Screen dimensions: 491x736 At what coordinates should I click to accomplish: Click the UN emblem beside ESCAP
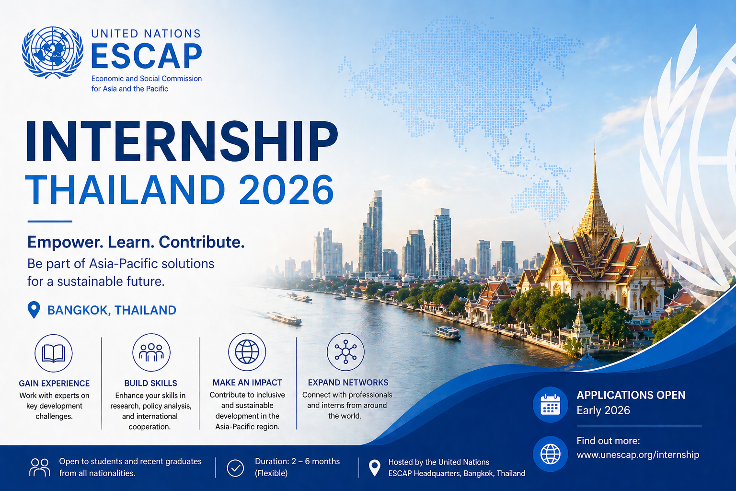pyautogui.click(x=53, y=52)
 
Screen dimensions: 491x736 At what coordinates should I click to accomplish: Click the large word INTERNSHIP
pyautogui.click(x=182, y=142)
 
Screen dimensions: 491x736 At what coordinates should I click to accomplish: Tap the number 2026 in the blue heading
pyautogui.click(x=286, y=190)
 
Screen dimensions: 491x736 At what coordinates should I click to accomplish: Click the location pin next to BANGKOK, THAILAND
pyautogui.click(x=34, y=310)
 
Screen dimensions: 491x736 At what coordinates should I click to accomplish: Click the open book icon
pyautogui.click(x=54, y=353)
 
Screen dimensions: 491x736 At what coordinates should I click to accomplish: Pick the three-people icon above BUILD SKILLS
pyautogui.click(x=151, y=352)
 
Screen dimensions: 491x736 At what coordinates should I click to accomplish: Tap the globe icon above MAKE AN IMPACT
pyautogui.click(x=247, y=352)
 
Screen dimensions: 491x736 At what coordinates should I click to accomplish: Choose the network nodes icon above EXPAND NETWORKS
pyautogui.click(x=345, y=352)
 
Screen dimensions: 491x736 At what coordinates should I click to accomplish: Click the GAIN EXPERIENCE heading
pyautogui.click(x=54, y=384)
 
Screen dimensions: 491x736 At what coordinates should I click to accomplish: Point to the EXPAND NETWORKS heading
pyautogui.click(x=348, y=383)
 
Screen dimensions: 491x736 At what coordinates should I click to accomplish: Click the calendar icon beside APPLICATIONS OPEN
pyautogui.click(x=550, y=405)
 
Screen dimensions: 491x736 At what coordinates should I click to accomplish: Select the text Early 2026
pyautogui.click(x=603, y=410)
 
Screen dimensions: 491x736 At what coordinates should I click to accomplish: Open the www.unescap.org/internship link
pyautogui.click(x=638, y=455)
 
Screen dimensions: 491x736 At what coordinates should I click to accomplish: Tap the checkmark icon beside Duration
pyautogui.click(x=235, y=468)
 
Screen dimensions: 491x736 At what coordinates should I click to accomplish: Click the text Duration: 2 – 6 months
pyautogui.click(x=297, y=461)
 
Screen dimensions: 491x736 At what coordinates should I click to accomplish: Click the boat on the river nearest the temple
pyautogui.click(x=448, y=333)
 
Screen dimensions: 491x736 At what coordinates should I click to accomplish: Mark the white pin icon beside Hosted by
pyautogui.click(x=374, y=468)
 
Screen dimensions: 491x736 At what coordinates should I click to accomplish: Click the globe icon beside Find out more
pyautogui.click(x=550, y=454)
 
